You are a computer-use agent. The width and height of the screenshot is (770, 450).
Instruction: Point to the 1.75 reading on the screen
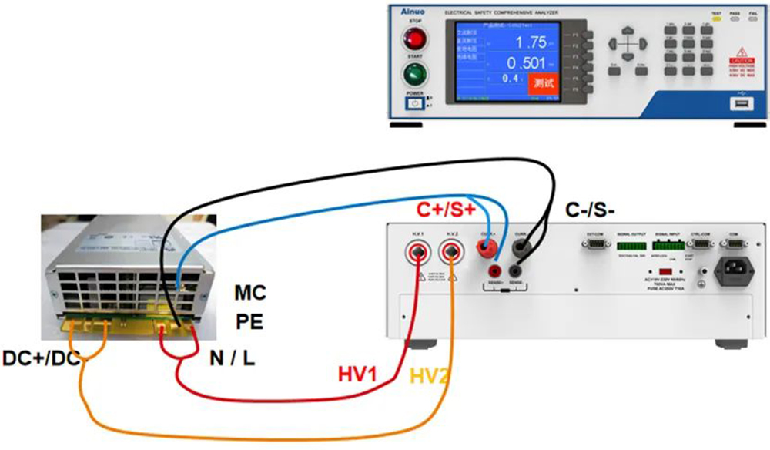coord(531,42)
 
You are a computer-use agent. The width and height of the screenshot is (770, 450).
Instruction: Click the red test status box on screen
coord(544,82)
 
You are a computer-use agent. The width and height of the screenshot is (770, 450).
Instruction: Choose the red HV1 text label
coord(357,375)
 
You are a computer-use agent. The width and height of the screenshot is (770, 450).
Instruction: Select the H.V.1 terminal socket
coord(417,252)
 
